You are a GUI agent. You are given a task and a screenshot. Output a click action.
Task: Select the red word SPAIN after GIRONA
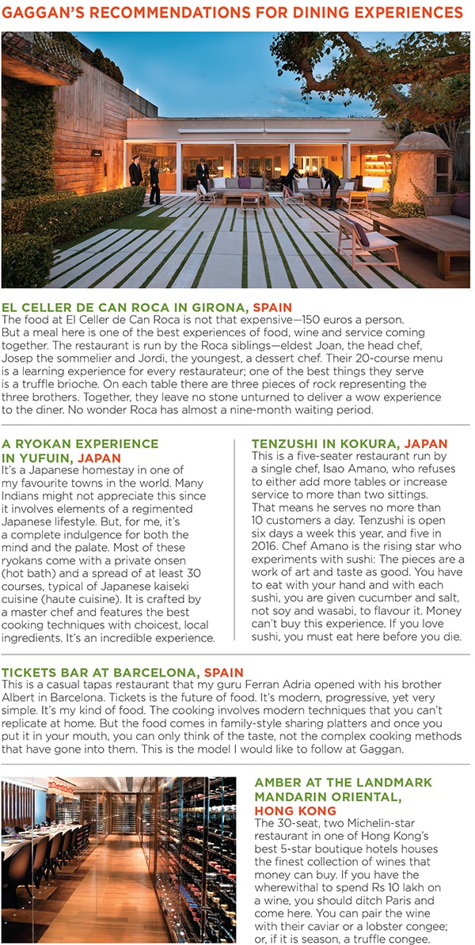(x=272, y=306)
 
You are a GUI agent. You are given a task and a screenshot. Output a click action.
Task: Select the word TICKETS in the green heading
(x=29, y=672)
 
